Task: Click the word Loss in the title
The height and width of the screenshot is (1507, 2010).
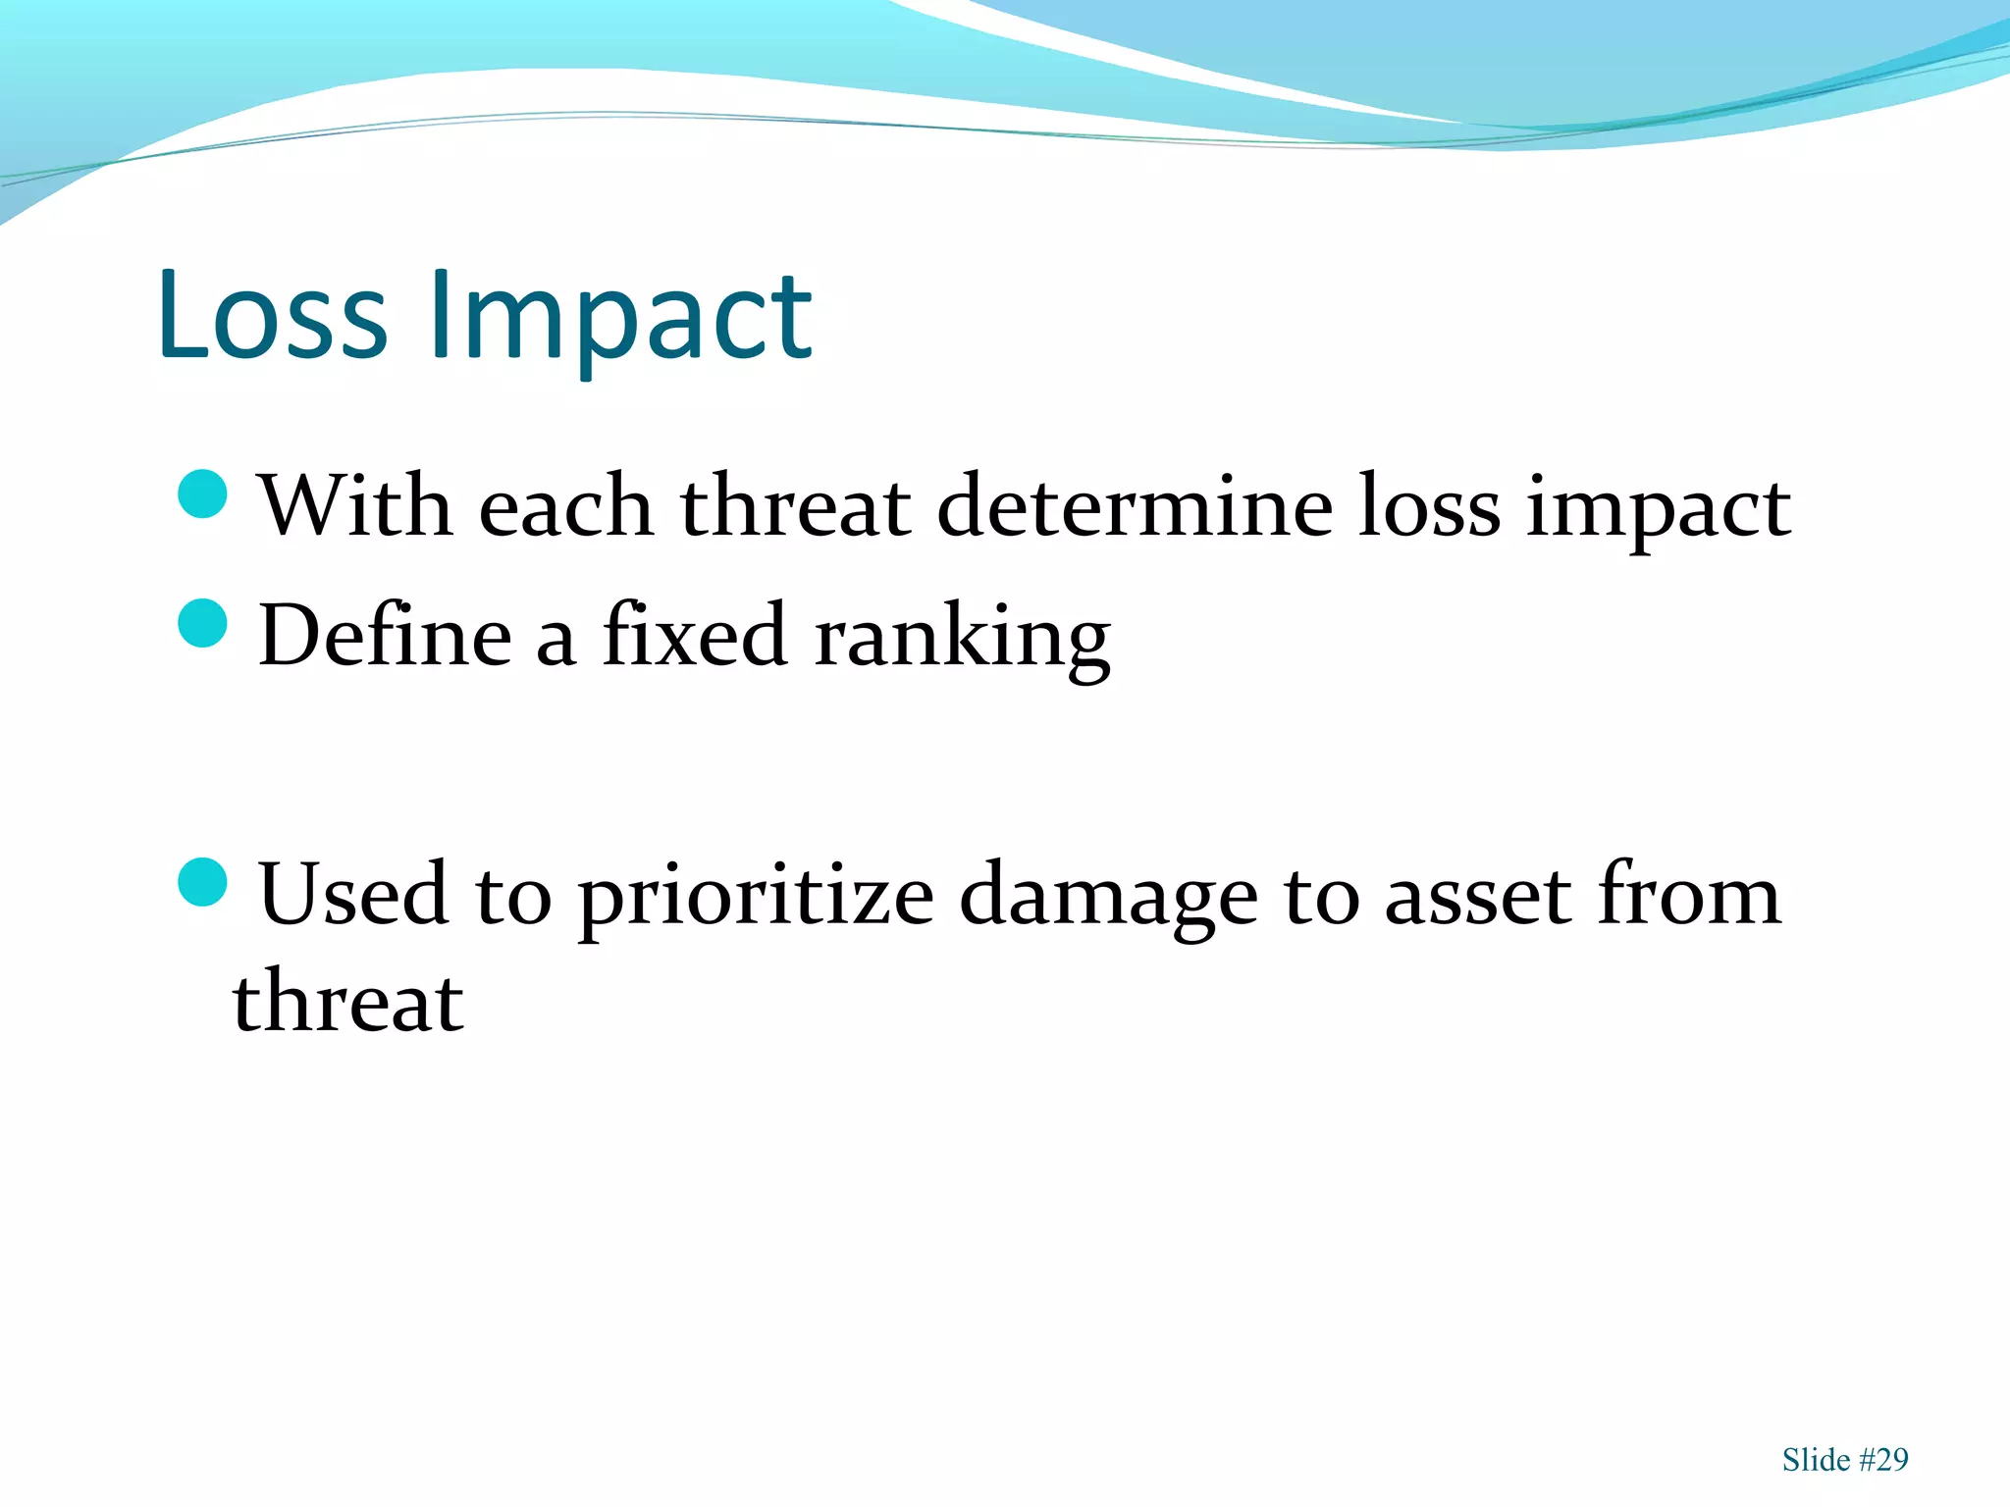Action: pos(272,316)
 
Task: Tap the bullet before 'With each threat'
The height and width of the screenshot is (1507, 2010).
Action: pos(204,494)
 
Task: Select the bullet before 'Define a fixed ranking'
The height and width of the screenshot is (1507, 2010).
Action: pos(204,623)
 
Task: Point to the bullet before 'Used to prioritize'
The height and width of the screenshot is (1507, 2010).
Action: pos(204,882)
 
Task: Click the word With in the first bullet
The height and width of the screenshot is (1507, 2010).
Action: pos(355,506)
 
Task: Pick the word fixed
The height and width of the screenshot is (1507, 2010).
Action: pos(695,636)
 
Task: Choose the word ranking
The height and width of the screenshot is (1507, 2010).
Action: pos(963,640)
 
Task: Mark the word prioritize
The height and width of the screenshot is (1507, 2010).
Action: pos(756,898)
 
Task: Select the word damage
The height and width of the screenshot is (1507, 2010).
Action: pos(1108,898)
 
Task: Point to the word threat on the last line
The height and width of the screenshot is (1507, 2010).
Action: pos(347,1002)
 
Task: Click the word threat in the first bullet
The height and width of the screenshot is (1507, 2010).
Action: pos(796,506)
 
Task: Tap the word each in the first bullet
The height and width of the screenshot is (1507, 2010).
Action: pos(566,506)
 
